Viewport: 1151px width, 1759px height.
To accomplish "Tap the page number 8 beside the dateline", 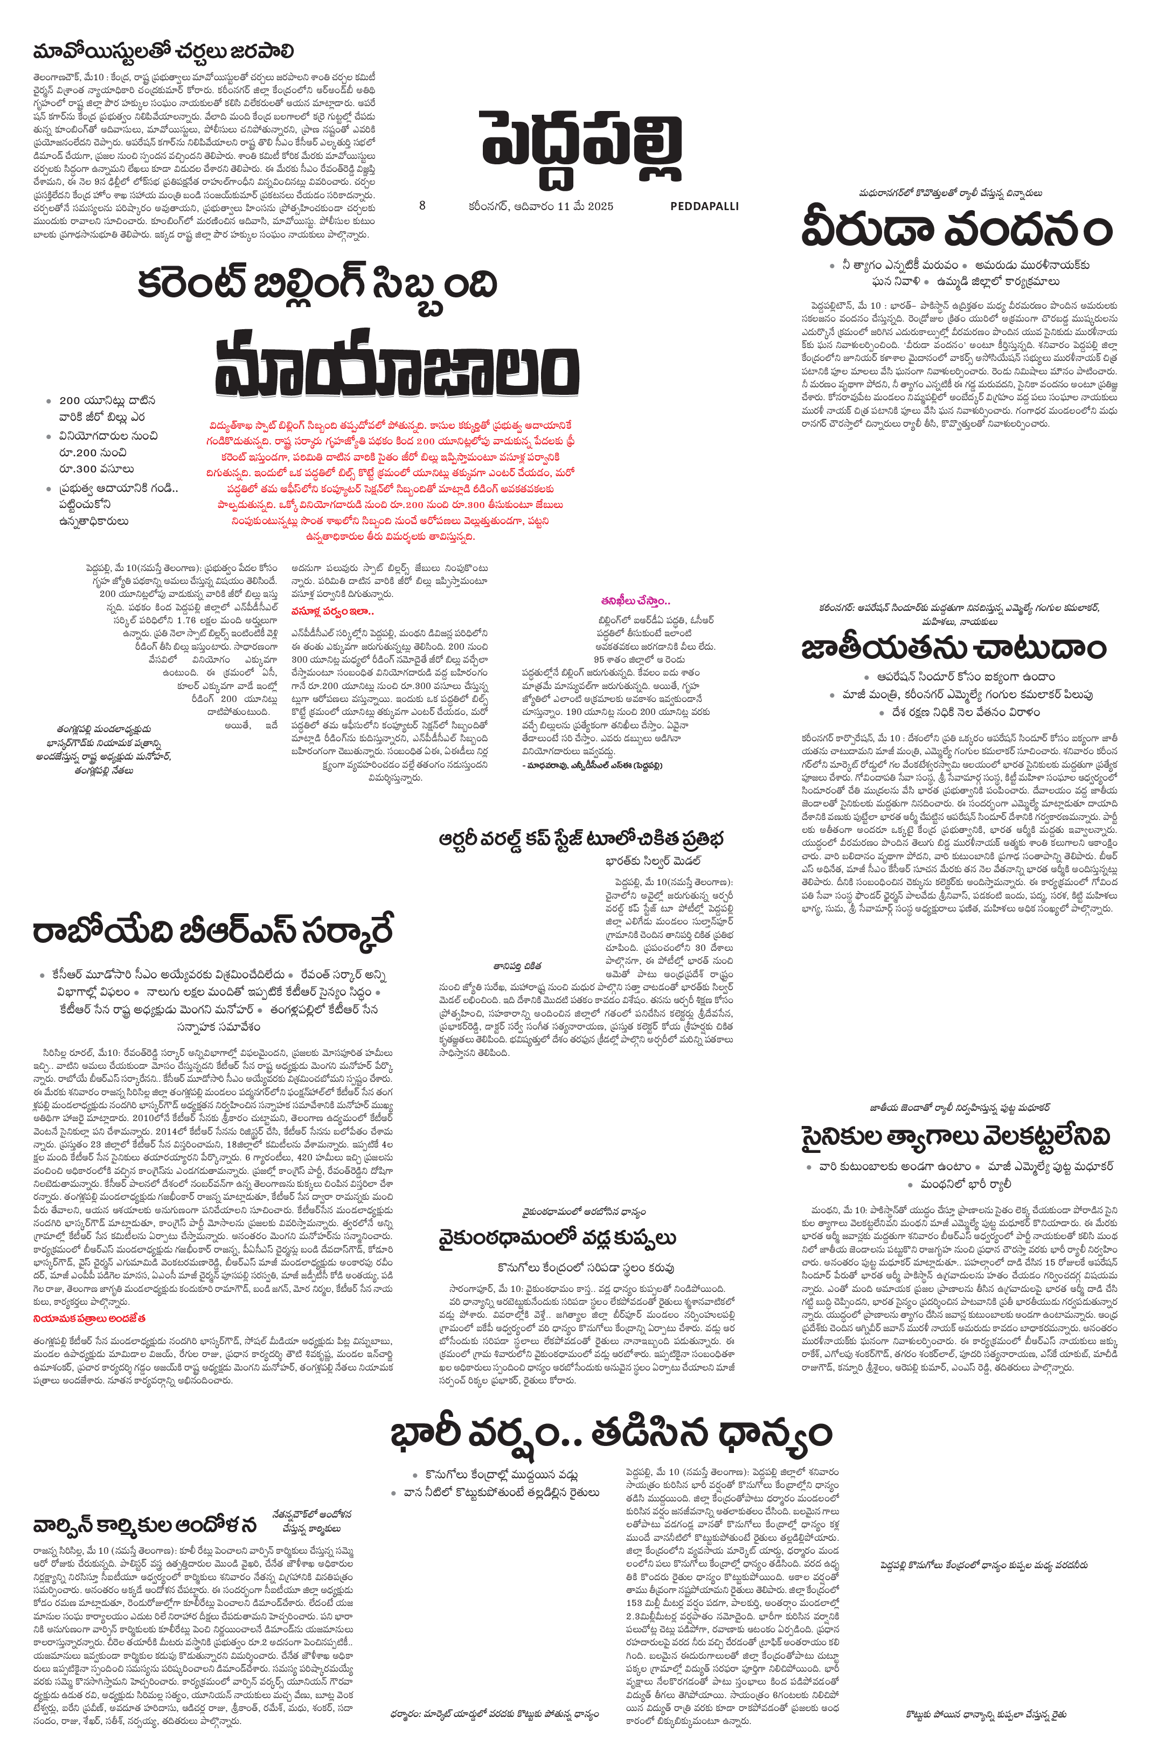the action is click(x=422, y=205).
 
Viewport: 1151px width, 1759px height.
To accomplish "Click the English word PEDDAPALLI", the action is click(x=704, y=206).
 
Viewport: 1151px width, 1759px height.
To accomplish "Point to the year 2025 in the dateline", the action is click(x=600, y=206).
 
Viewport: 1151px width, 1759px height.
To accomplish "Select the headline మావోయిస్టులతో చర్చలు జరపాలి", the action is click(x=163, y=52).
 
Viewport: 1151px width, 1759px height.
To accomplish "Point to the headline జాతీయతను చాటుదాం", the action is click(x=954, y=648).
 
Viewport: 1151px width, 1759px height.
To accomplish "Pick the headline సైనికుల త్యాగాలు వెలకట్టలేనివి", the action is click(x=956, y=1137).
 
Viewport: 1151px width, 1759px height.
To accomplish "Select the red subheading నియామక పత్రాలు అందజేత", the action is click(x=89, y=1318).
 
